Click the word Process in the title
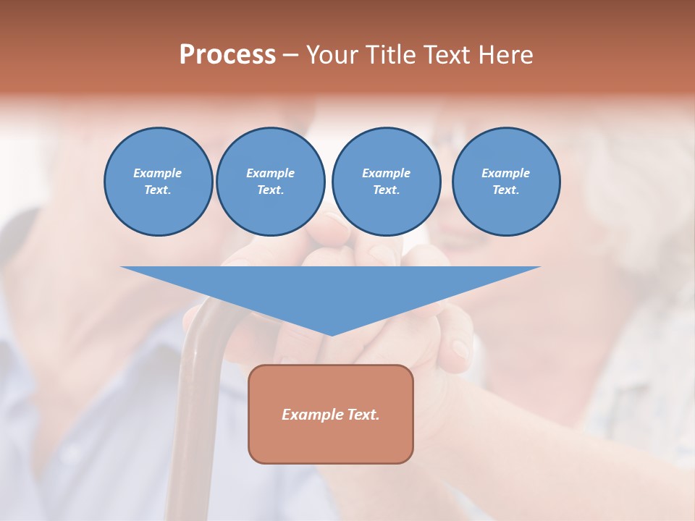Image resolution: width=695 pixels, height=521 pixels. coord(227,55)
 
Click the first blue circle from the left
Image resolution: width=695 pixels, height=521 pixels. coord(158,182)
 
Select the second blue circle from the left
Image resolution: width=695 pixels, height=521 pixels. coord(270,182)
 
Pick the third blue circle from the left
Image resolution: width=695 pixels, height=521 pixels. coord(386,182)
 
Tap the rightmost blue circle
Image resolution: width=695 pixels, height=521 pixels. coord(505,182)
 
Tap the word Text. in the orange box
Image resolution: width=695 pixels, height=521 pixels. coord(362,415)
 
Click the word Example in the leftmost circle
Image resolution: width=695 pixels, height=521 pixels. coord(158,173)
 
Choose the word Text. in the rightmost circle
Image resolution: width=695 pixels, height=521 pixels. coord(505,190)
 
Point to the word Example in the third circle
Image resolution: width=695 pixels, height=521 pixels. coord(386,173)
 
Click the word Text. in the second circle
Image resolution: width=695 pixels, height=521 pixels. coord(270,190)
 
